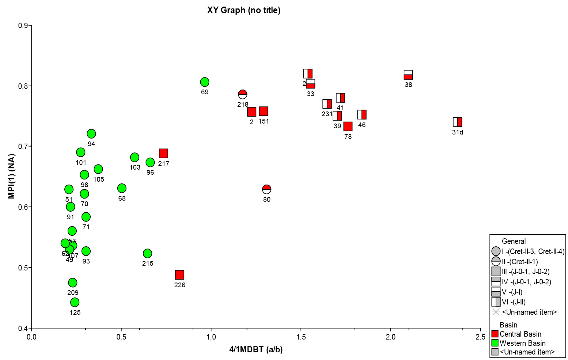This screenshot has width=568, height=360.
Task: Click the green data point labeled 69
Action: point(205,82)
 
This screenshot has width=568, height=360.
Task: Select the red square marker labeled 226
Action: point(179,275)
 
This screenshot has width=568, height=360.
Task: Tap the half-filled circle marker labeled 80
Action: point(267,189)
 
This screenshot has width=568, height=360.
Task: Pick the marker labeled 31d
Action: point(458,122)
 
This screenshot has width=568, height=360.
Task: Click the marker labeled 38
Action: point(408,75)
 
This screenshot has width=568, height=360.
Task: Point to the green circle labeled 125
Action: point(75,302)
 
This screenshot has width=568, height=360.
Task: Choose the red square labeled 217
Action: point(163,154)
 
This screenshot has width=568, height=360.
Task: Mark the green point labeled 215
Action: point(148,253)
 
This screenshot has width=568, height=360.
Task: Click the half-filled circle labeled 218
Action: point(243,94)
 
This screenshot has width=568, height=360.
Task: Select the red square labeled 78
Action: point(348,126)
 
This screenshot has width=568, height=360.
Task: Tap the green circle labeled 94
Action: point(91,134)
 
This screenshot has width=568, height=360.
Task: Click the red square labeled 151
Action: point(264,111)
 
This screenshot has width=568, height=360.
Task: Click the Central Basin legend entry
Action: point(520,334)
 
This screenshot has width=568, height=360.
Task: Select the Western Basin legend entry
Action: point(522,343)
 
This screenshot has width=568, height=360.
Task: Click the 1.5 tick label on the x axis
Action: point(301,337)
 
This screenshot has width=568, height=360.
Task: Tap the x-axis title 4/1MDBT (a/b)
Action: point(256,350)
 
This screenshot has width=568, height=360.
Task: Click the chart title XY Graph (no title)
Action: point(244,10)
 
